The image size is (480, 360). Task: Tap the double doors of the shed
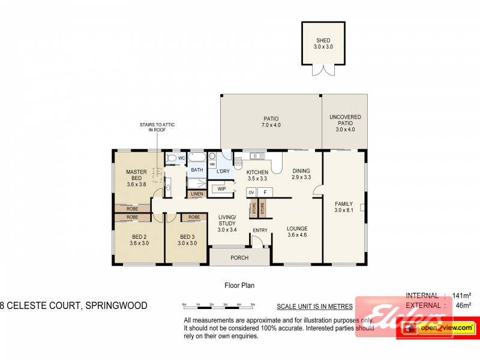[x=323, y=70]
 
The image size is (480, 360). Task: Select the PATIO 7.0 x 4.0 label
[x=271, y=122]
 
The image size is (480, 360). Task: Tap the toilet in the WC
[x=171, y=158]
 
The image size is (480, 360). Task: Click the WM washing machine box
[x=212, y=164]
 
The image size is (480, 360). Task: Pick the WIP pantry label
[x=221, y=188]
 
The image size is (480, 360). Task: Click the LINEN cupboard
[x=197, y=194]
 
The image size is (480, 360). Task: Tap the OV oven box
[x=251, y=192]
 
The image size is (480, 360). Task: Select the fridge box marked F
[x=265, y=192]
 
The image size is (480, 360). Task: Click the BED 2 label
[x=139, y=239]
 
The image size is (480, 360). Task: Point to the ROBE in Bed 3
[x=194, y=217]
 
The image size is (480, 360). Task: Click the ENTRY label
[x=260, y=230]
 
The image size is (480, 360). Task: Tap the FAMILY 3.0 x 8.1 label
[x=344, y=206]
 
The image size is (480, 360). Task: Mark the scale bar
[x=221, y=306]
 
